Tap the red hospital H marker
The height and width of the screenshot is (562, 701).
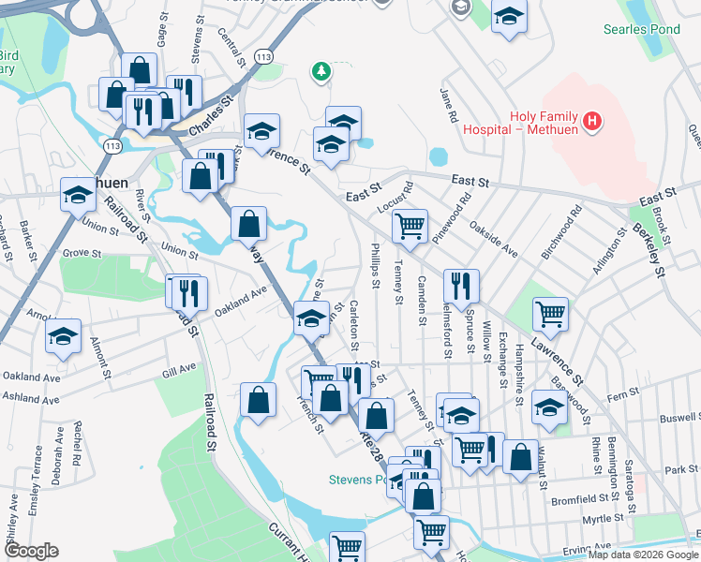(x=591, y=121)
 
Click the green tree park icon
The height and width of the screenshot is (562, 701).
(x=321, y=70)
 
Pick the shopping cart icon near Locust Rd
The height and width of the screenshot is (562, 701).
(x=410, y=226)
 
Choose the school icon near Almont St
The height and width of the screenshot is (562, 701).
(x=64, y=335)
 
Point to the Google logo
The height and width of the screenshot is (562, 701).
(x=31, y=551)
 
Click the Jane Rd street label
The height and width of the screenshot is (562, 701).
(x=448, y=105)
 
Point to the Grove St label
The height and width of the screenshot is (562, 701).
(x=82, y=253)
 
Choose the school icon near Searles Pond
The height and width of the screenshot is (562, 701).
(x=509, y=19)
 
